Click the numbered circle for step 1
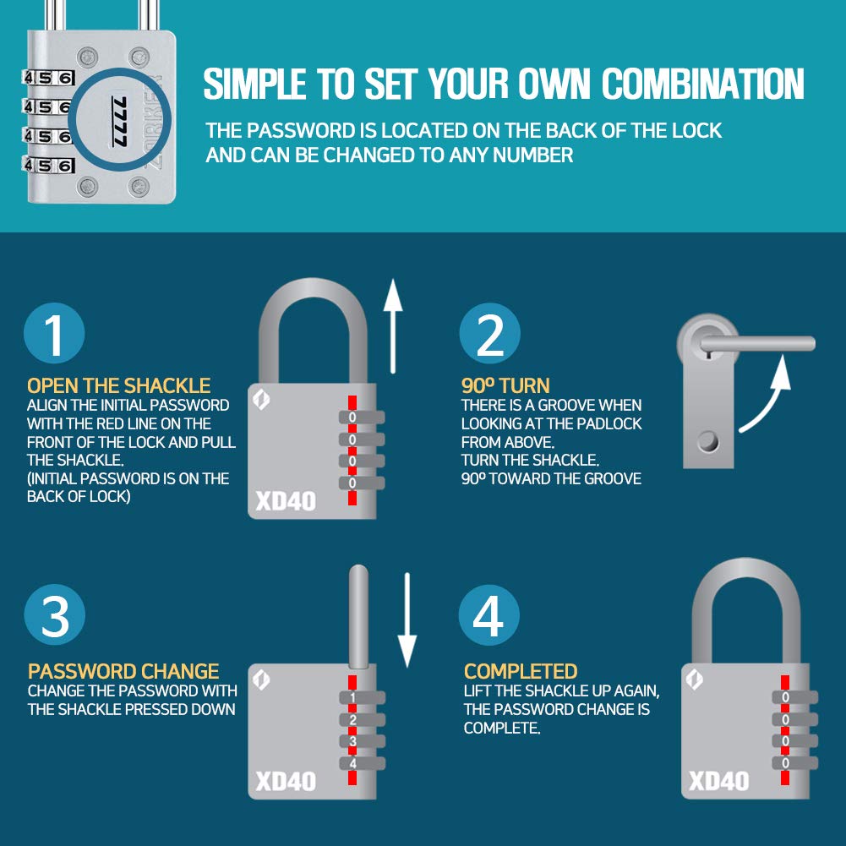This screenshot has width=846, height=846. tap(54, 333)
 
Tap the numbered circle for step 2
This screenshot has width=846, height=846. tap(489, 333)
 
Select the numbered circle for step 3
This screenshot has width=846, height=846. tap(54, 614)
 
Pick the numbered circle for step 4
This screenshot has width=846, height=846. tap(488, 614)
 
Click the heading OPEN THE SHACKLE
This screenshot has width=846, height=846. tap(118, 385)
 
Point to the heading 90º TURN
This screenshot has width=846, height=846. tap(505, 385)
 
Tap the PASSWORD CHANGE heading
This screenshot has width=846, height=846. tap(123, 671)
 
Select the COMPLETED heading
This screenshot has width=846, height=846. tap(521, 671)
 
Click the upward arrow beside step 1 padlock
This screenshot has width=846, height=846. tap(393, 326)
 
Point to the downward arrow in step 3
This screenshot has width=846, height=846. tap(407, 620)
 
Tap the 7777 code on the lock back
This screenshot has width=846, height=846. tap(120, 122)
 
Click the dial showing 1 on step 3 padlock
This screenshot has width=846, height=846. tap(362, 697)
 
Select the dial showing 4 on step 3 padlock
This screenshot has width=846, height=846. tap(362, 763)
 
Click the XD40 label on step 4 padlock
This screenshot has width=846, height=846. tap(718, 781)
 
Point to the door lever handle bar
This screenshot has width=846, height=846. tap(757, 344)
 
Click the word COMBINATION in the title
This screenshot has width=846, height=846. tap(703, 84)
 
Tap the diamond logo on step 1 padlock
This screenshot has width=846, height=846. tap(262, 400)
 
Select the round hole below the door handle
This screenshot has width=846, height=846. tap(708, 442)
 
